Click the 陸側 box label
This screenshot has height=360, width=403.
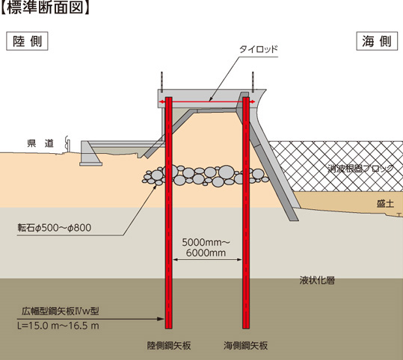click(x=27, y=41)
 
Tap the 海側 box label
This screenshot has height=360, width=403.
click(x=377, y=41)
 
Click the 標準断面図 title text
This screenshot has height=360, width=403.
click(x=45, y=7)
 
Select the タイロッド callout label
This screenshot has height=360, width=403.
click(x=259, y=49)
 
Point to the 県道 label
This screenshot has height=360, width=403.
click(x=40, y=143)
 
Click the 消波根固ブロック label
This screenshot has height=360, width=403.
click(x=360, y=169)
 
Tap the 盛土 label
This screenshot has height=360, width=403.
click(x=385, y=204)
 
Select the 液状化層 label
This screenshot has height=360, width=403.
click(x=317, y=280)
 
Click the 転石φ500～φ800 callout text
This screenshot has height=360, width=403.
click(x=55, y=228)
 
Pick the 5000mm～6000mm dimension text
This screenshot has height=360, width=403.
click(x=206, y=247)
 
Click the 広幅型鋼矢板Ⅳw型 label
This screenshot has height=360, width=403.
click(x=61, y=311)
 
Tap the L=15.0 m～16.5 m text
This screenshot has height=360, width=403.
click(x=58, y=326)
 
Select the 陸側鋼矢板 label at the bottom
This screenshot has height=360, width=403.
click(x=169, y=346)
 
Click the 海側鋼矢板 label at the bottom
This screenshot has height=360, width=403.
click(x=246, y=346)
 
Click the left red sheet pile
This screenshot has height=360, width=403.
click(x=169, y=213)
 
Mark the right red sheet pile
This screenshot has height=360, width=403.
click(x=246, y=213)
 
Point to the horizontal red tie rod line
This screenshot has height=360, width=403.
click(x=207, y=102)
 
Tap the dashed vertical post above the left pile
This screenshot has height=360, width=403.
click(x=162, y=82)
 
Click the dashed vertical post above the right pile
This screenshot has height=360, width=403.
click(x=253, y=82)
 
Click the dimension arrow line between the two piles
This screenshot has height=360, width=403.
click(x=207, y=260)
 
